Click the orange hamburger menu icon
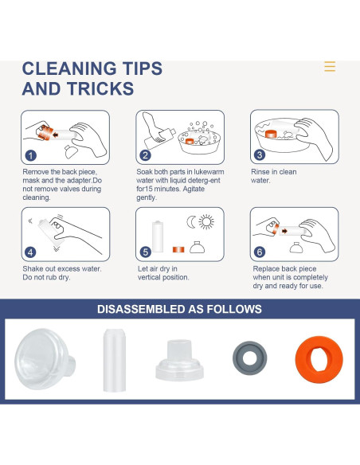point(330,66)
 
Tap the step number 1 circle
point(31,155)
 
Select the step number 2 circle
point(145,155)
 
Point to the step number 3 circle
point(260,154)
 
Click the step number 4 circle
point(31,252)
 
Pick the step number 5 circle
point(145,252)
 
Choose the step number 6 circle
point(260,252)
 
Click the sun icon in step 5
point(206,222)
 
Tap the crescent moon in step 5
point(190,222)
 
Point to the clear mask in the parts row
point(45,358)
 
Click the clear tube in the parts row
point(115,360)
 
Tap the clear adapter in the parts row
point(179,360)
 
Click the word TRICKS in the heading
point(100,88)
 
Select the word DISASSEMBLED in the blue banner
point(141,309)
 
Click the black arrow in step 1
point(56,135)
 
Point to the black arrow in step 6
point(284,231)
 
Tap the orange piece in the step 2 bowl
point(190,142)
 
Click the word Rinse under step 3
point(260,172)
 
